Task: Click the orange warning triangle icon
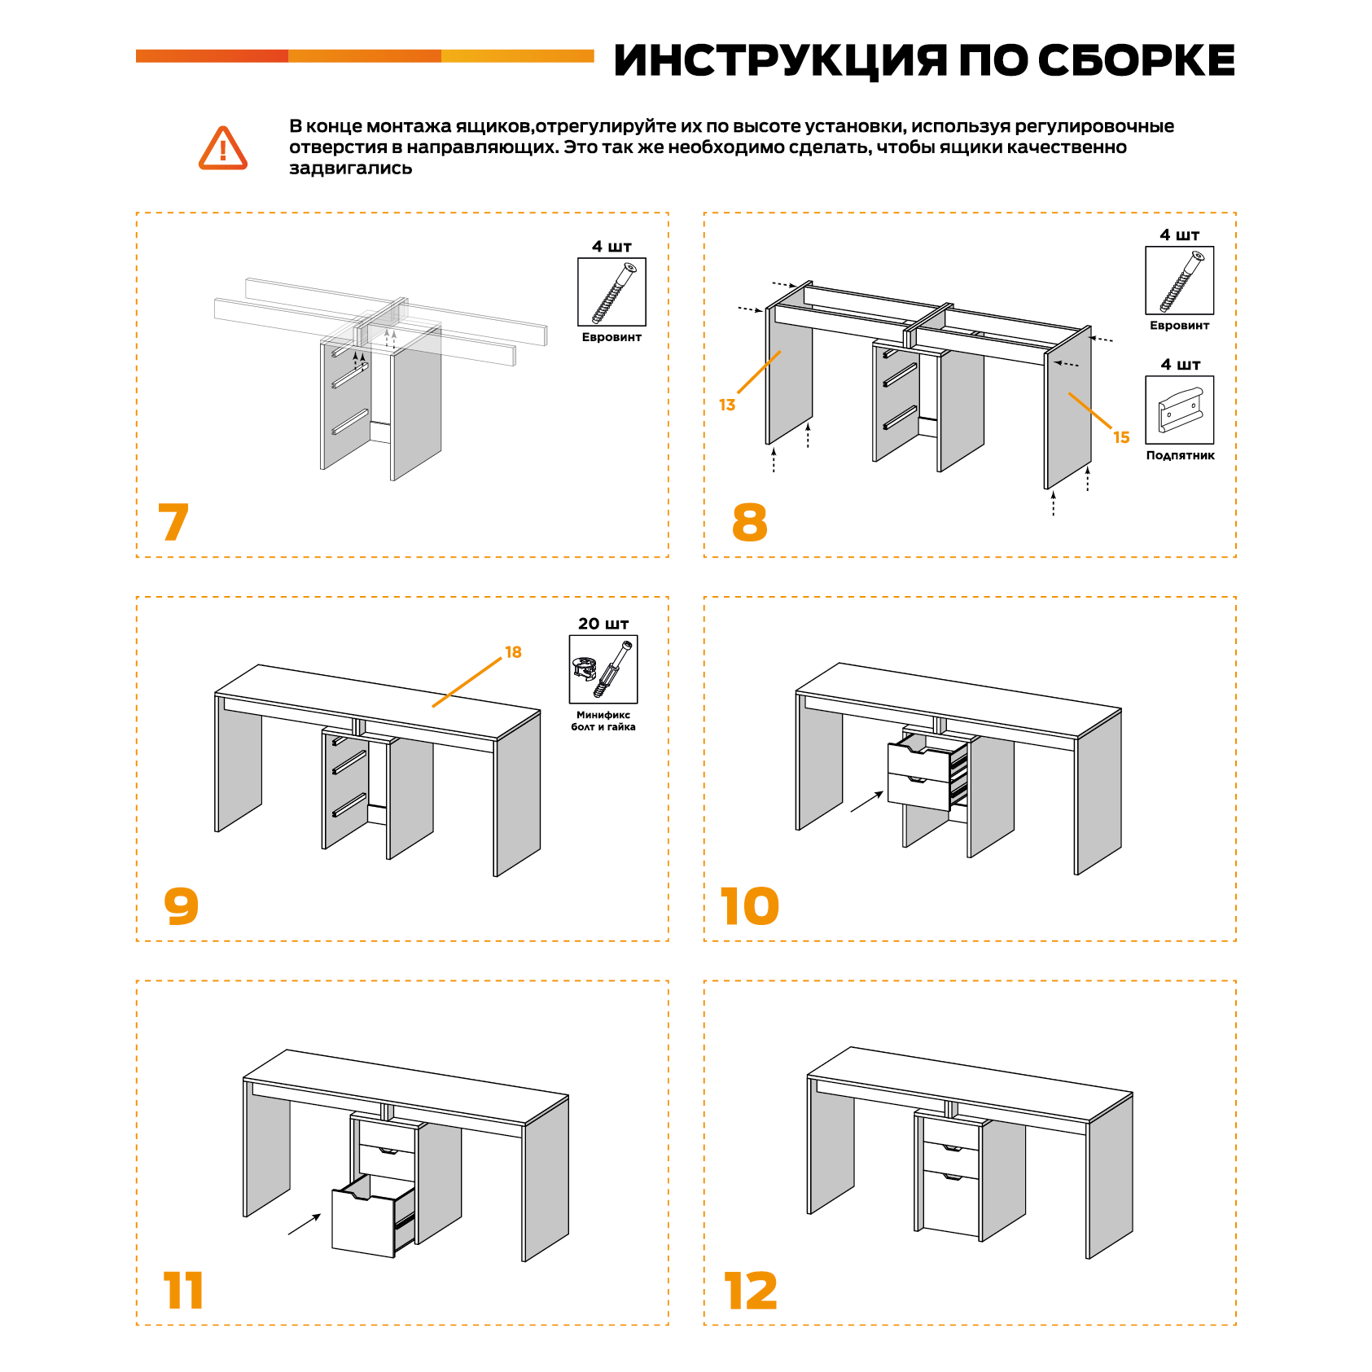point(222,148)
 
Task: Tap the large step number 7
point(173,522)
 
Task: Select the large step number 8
point(749,522)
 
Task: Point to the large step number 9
point(181,905)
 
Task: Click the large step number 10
point(749,906)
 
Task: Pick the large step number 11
point(183,1291)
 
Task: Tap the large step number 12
point(751,1291)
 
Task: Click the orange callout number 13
point(727,405)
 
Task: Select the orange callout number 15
point(1121,437)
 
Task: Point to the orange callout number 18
point(513,652)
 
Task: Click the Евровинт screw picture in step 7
point(611,292)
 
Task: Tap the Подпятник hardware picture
point(1179,410)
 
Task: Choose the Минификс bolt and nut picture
point(603,669)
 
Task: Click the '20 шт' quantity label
point(603,624)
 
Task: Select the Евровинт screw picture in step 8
point(1179,281)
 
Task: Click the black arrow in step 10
point(867,801)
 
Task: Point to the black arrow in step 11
point(305,1224)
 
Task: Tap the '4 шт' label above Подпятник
point(1180,364)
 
